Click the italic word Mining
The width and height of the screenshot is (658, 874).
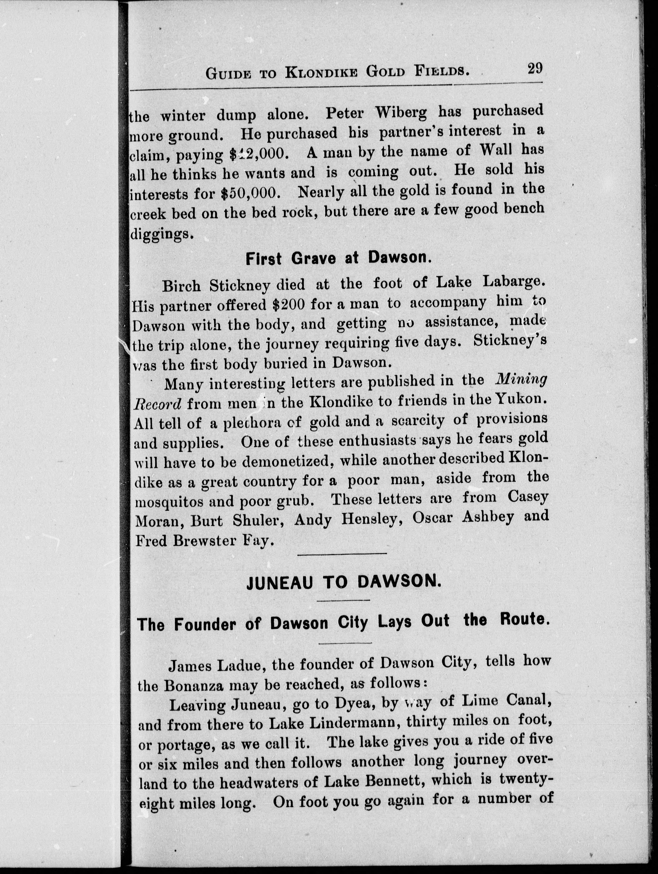click(x=521, y=380)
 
